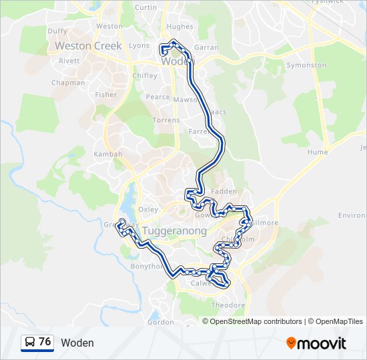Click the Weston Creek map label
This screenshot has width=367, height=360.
coord(88,46)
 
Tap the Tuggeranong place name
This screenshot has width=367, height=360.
coord(174,231)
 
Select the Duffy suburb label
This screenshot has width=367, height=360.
coord(57,31)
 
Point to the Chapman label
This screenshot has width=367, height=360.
coord(68,83)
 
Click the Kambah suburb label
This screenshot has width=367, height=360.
coord(107,154)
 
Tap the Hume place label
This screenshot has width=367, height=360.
coord(318,152)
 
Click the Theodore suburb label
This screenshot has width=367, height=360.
coord(228,305)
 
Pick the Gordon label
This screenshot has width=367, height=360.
coord(160,322)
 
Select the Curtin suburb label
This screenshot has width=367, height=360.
coord(145,7)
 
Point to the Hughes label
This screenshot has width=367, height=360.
coord(179,27)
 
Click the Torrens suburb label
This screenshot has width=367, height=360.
coord(166,121)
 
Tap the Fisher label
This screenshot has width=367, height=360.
coord(105,95)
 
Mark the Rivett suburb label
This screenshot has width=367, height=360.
coord(69,61)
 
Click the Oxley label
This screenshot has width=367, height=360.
coord(148,209)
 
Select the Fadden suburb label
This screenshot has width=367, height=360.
coord(224,191)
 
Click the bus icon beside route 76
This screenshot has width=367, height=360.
coord(29,343)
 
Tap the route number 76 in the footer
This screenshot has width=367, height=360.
coord(45,342)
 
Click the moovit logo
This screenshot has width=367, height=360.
coord(316,343)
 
